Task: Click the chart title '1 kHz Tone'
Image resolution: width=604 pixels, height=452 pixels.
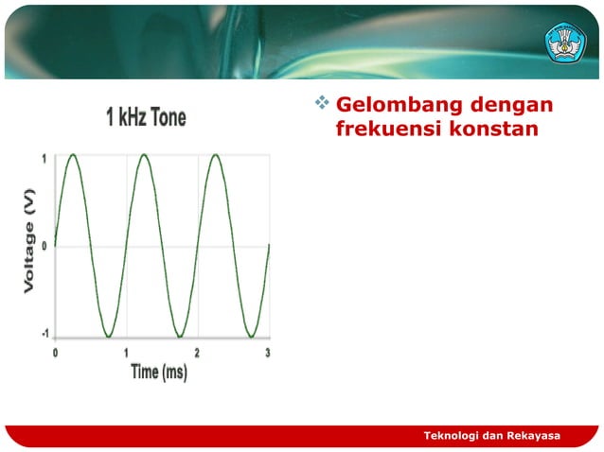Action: [x=146, y=118]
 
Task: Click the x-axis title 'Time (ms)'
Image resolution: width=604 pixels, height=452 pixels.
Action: [x=158, y=372]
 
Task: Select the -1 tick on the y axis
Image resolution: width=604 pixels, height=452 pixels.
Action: [x=44, y=335]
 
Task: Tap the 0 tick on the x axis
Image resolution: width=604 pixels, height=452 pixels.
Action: [x=55, y=352]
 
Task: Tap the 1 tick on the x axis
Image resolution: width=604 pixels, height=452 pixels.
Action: [x=126, y=352]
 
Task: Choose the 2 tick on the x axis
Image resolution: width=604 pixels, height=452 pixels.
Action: [x=197, y=352]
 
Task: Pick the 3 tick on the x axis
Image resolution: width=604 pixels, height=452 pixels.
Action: [x=268, y=352]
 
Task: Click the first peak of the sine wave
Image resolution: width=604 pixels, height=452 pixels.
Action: [x=73, y=155]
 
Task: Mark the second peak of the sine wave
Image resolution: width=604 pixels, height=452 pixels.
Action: [x=144, y=155]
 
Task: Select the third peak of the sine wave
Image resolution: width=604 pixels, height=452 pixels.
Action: [x=215, y=155]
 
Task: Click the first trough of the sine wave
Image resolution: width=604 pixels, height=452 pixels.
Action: [x=108, y=336]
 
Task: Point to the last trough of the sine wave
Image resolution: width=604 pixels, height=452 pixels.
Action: [x=251, y=336]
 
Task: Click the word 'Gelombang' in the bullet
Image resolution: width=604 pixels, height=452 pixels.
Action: [x=389, y=104]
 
